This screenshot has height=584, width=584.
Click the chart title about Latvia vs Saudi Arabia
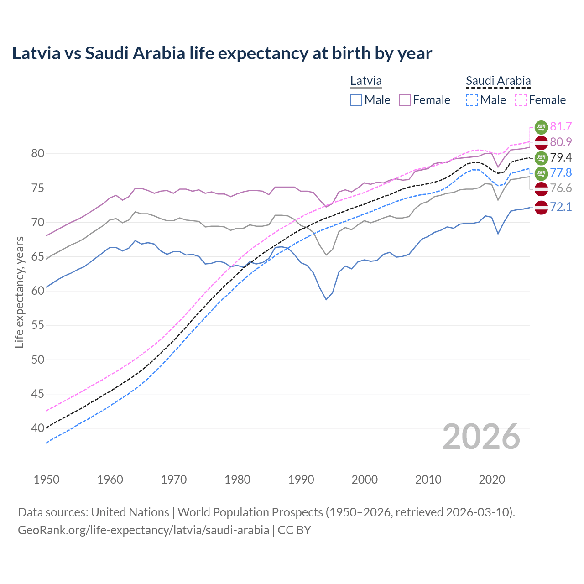(x=222, y=53)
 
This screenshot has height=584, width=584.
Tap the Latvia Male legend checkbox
(x=356, y=100)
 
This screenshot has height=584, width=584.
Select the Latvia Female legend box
(x=405, y=100)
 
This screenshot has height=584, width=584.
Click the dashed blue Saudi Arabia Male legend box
(x=472, y=100)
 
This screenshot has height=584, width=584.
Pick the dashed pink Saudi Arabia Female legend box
(x=520, y=100)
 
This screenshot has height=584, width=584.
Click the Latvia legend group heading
(x=366, y=81)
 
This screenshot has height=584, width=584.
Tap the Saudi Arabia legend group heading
(x=498, y=81)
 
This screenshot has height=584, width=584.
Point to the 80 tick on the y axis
(x=38, y=154)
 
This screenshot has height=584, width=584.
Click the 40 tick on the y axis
(x=38, y=428)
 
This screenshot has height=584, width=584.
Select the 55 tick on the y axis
(x=38, y=325)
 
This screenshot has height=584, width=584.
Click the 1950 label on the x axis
(x=47, y=480)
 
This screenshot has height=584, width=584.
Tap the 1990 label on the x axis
(x=301, y=480)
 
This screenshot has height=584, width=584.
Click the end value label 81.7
(x=561, y=126)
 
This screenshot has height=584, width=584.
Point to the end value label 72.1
(x=561, y=207)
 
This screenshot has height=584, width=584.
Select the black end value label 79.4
(x=561, y=157)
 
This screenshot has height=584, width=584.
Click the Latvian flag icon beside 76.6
(x=541, y=188)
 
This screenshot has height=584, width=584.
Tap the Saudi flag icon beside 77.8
(x=541, y=173)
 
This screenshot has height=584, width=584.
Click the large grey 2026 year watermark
(x=481, y=437)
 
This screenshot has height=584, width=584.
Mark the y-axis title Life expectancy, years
(x=19, y=292)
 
